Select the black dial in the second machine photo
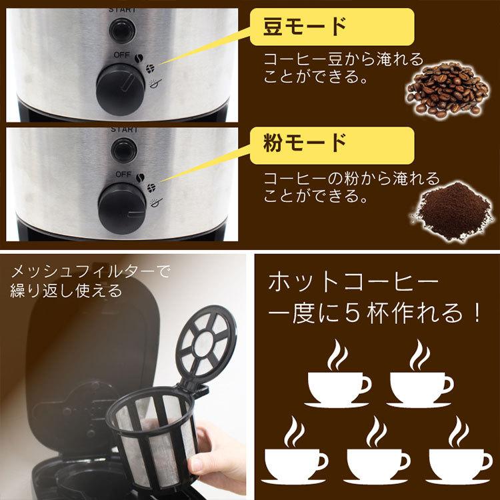click(121, 203)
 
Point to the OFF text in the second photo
click(121, 174)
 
